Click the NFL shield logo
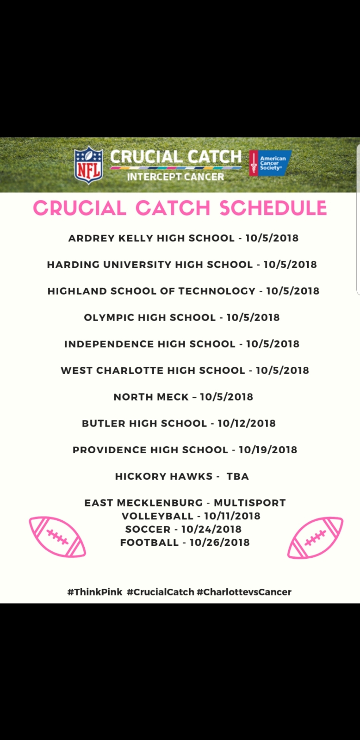(x=88, y=165)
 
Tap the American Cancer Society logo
(x=270, y=163)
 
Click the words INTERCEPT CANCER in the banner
(x=175, y=177)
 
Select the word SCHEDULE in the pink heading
(x=273, y=208)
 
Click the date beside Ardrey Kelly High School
(x=272, y=238)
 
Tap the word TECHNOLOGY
(x=217, y=291)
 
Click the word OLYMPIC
(x=109, y=317)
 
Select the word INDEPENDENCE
(x=108, y=344)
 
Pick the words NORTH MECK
(x=151, y=397)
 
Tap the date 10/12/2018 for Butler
(x=247, y=423)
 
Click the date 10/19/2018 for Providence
(x=268, y=450)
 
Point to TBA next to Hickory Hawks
(x=238, y=476)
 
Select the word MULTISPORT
(x=250, y=503)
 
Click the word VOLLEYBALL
(x=157, y=516)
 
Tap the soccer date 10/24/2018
(x=211, y=529)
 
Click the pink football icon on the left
(x=57, y=537)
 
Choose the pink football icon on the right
(x=316, y=537)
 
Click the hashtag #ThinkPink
(x=95, y=592)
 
